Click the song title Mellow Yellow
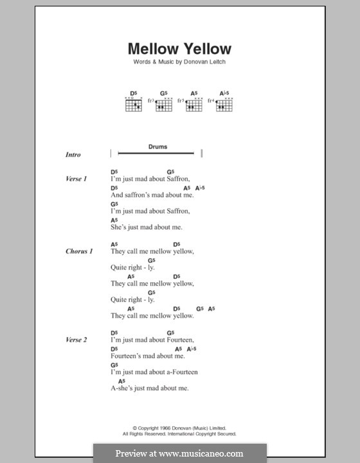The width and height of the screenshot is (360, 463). point(179,49)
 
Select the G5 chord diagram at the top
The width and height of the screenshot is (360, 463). point(163,104)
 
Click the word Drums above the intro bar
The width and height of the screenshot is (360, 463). point(157,147)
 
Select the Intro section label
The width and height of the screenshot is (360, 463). point(73,155)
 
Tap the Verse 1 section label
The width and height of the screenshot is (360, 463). point(76,179)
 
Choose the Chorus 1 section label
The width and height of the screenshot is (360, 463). point(78,251)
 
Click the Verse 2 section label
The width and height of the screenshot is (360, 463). point(76,340)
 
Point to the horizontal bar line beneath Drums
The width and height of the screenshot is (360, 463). point(157,153)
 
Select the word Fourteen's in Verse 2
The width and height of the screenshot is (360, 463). point(126,356)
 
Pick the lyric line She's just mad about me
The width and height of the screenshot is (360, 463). point(147,227)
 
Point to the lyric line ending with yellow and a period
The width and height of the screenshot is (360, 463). point(152,316)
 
